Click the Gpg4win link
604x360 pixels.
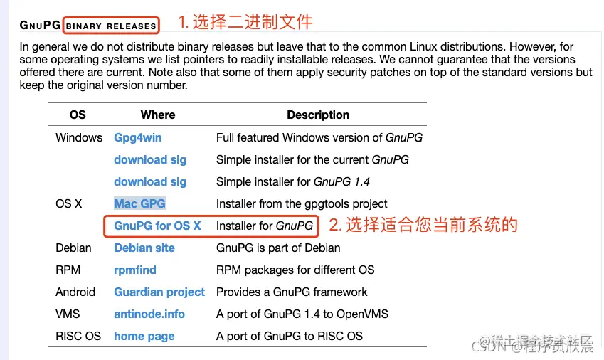(138, 137)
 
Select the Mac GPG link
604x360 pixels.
(139, 203)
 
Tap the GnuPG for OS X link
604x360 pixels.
(157, 226)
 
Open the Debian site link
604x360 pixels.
(144, 248)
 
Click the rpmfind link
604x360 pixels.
(135, 270)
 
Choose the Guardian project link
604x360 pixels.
(159, 292)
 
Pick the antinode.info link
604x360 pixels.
(149, 314)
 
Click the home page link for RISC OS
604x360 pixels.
(144, 336)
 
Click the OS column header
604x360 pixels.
(78, 115)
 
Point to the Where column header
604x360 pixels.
(158, 115)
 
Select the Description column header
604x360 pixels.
(318, 115)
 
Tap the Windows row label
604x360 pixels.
(79, 137)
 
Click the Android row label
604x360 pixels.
(75, 292)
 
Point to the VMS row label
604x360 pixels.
(68, 314)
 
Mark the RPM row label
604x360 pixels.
(68, 270)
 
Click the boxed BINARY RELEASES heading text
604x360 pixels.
(111, 26)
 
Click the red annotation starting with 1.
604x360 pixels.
(245, 22)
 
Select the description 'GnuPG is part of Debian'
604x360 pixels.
(278, 248)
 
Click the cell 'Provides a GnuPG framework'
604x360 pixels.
(292, 292)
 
